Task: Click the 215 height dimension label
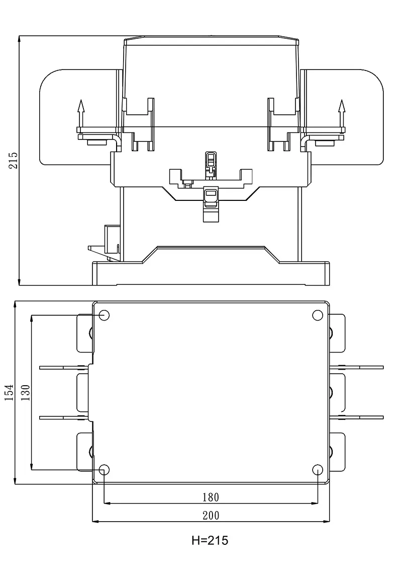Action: coord(13,160)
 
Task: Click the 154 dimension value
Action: coord(9,392)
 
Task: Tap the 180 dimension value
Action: coord(211,497)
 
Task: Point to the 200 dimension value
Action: coord(211,515)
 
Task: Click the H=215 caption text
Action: coord(210,541)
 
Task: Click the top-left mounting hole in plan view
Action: coord(105,316)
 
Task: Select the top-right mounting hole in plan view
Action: coord(318,316)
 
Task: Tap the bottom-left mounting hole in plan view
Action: coord(105,470)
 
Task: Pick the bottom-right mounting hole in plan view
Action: coord(318,470)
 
